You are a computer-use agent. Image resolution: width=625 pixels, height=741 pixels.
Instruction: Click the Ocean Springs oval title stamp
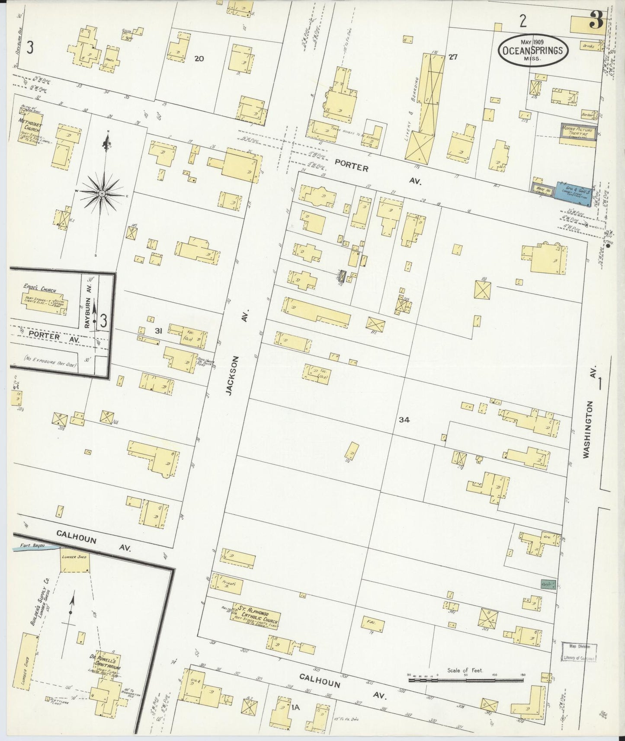coord(532,50)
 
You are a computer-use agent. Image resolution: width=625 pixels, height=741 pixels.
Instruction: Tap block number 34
coord(404,419)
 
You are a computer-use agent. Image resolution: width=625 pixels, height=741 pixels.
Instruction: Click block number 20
coord(199,58)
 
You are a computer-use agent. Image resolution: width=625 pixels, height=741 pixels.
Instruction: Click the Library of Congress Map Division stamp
coord(579,652)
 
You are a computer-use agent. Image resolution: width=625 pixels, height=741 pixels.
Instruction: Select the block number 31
coord(159,331)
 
